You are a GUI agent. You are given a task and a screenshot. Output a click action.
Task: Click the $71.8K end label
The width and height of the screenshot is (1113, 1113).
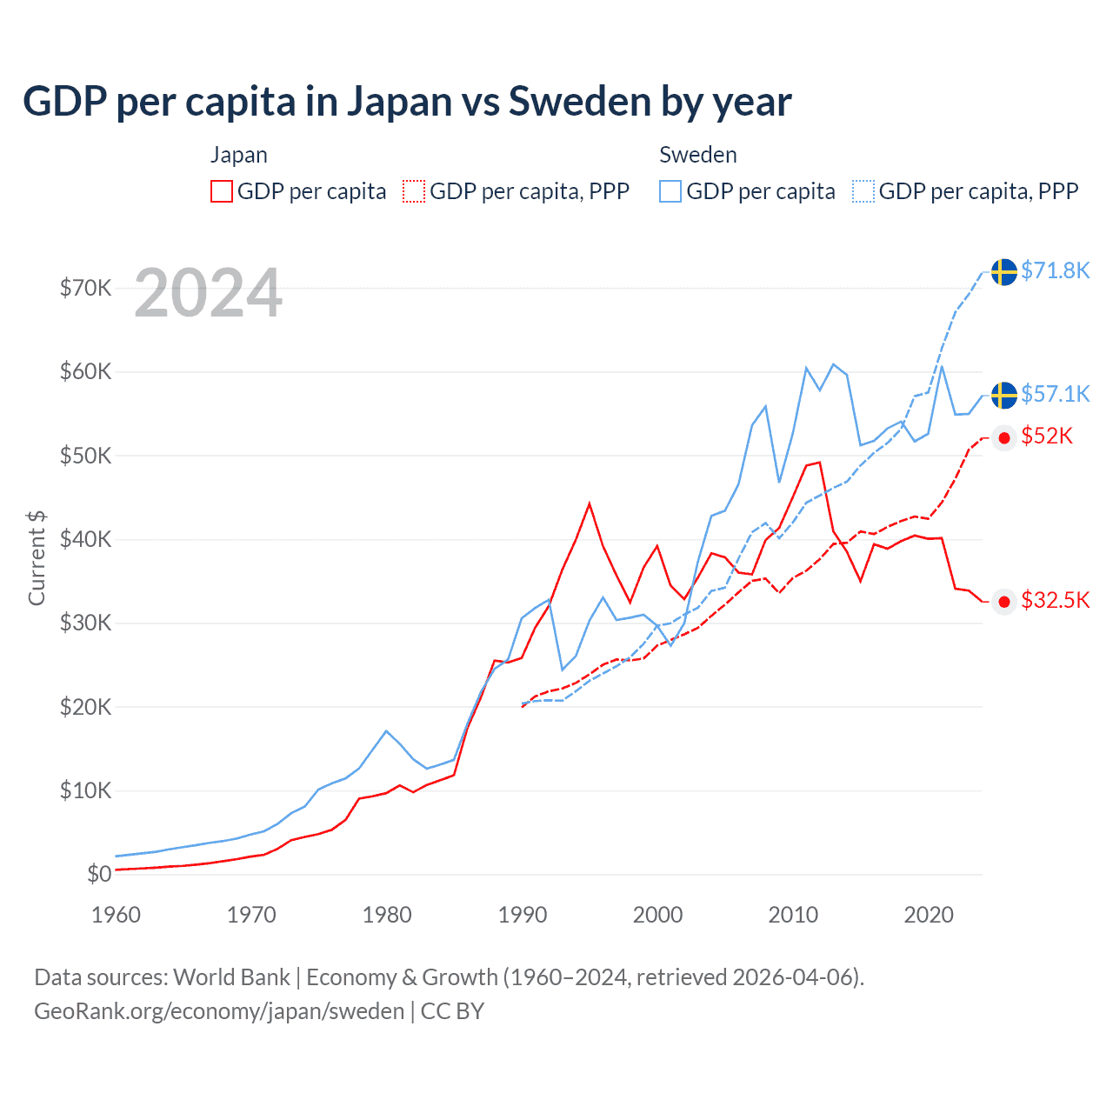tap(1055, 270)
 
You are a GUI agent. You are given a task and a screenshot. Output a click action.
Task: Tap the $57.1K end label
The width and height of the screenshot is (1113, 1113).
tap(1055, 394)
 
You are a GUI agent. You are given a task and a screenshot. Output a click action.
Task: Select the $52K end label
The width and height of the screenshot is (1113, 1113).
tap(1047, 436)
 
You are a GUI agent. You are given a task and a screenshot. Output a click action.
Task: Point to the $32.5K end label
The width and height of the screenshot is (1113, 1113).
tap(1055, 600)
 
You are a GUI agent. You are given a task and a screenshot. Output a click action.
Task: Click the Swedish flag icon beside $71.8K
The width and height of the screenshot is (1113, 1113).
tap(1004, 271)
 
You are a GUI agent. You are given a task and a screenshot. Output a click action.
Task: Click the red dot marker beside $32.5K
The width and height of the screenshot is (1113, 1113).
tap(1004, 602)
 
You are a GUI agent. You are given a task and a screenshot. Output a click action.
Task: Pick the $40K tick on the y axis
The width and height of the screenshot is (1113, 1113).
tap(85, 539)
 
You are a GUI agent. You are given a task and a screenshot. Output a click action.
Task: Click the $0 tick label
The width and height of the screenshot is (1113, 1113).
tap(99, 874)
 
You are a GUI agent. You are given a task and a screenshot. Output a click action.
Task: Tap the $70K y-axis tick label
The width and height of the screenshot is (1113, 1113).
tap(85, 288)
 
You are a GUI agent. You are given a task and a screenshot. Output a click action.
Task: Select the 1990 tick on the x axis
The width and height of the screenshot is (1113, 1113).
tap(523, 915)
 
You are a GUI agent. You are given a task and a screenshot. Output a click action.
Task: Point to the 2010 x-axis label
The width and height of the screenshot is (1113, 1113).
tap(793, 915)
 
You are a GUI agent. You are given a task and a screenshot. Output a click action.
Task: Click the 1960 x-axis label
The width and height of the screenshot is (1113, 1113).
tap(116, 915)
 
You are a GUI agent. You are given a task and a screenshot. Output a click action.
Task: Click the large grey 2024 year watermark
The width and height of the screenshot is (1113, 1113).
tap(209, 293)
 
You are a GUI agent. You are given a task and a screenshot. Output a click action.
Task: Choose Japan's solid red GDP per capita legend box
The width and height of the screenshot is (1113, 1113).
tap(222, 191)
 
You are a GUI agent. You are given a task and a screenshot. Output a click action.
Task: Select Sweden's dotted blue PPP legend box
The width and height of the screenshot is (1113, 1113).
tap(863, 191)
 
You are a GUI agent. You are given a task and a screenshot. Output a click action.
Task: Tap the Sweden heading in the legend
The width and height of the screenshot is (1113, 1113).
tap(697, 155)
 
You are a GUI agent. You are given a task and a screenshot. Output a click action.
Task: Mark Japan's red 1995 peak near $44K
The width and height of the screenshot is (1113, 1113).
tap(590, 503)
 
